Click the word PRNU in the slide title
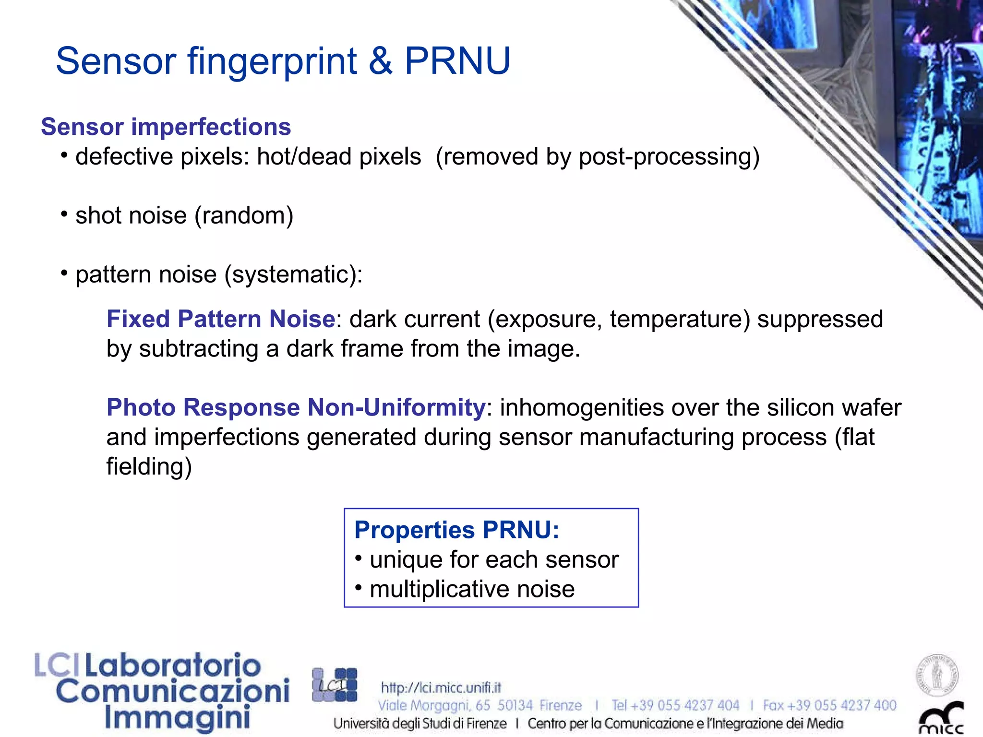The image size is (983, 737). (x=457, y=61)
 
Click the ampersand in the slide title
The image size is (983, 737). (x=381, y=61)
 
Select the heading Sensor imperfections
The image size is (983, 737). (x=166, y=127)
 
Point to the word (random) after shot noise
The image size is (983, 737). (x=244, y=216)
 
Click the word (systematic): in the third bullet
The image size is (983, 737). (x=294, y=275)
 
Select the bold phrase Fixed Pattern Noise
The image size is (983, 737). (x=221, y=319)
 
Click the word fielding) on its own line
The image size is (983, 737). (x=149, y=467)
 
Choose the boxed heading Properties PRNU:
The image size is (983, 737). (x=456, y=530)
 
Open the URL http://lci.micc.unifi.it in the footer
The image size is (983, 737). (x=441, y=688)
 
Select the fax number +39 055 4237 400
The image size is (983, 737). (x=841, y=705)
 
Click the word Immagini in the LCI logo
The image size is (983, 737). (x=177, y=718)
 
